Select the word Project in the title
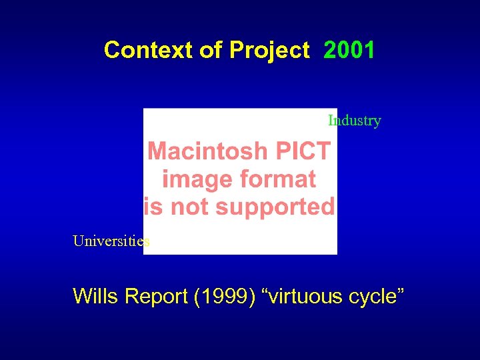269,50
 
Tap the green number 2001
349,50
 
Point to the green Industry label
354,121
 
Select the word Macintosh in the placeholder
209,151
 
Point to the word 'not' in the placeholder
191,207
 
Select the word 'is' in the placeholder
153,207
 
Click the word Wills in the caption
95,296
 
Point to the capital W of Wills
82,296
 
